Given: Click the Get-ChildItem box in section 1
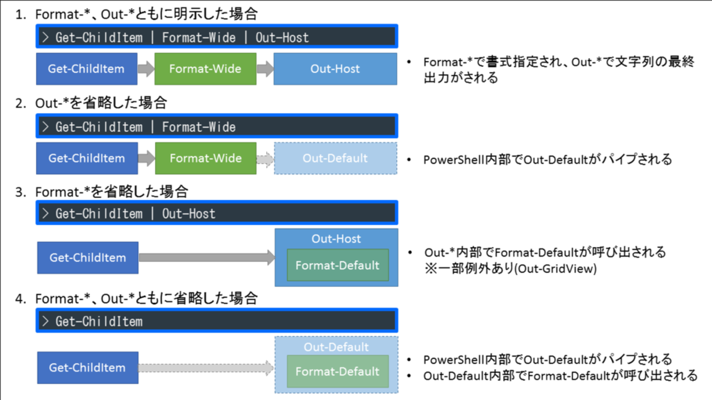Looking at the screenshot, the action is (87, 69).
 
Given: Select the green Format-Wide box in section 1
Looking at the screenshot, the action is (205, 69).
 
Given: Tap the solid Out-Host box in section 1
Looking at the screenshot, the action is (335, 69).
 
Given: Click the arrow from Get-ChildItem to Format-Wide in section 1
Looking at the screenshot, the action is (146, 69).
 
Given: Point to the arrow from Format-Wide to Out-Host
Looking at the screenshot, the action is (265, 69).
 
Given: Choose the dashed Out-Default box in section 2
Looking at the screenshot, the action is (335, 158).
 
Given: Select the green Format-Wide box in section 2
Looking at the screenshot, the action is (205, 158).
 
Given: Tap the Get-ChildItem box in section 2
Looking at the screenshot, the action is (87, 158).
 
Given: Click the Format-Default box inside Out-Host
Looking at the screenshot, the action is (337, 265).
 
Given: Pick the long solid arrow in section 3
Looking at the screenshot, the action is (207, 258).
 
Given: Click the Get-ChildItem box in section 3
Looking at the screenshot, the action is (88, 258).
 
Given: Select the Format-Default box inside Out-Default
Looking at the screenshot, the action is (337, 372).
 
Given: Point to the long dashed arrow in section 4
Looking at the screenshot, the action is (206, 368).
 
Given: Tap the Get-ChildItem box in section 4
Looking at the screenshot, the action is (88, 368).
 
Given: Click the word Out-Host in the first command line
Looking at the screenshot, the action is (282, 37).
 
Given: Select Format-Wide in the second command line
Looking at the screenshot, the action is (199, 127).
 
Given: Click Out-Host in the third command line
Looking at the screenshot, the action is (189, 213).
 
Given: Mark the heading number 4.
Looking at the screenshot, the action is (20, 299).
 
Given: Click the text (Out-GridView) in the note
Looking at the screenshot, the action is (555, 269).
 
